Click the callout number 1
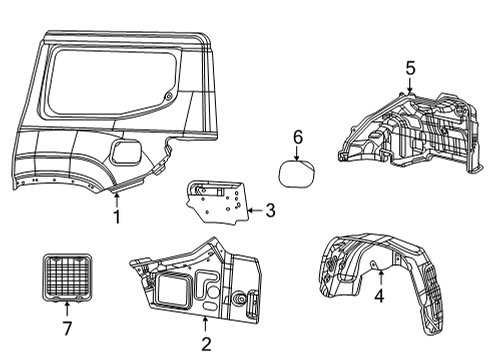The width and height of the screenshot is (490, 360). click(117, 217)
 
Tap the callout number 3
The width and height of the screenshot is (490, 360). click(269, 211)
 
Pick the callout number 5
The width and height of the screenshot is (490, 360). click(410, 68)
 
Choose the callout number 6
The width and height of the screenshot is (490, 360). click(297, 136)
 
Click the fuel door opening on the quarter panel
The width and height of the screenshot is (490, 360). click(128, 153)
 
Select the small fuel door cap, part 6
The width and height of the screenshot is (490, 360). click(295, 171)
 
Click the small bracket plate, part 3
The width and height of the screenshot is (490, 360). click(215, 205)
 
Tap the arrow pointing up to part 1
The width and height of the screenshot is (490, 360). click(117, 198)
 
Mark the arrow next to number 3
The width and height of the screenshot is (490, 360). click(253, 211)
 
